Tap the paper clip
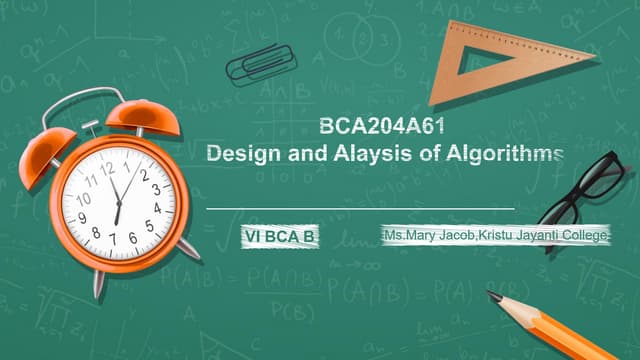coord(256,65)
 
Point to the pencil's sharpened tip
coord(491,294)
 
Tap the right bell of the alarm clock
coord(152,115)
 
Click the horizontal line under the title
coord(360,208)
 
